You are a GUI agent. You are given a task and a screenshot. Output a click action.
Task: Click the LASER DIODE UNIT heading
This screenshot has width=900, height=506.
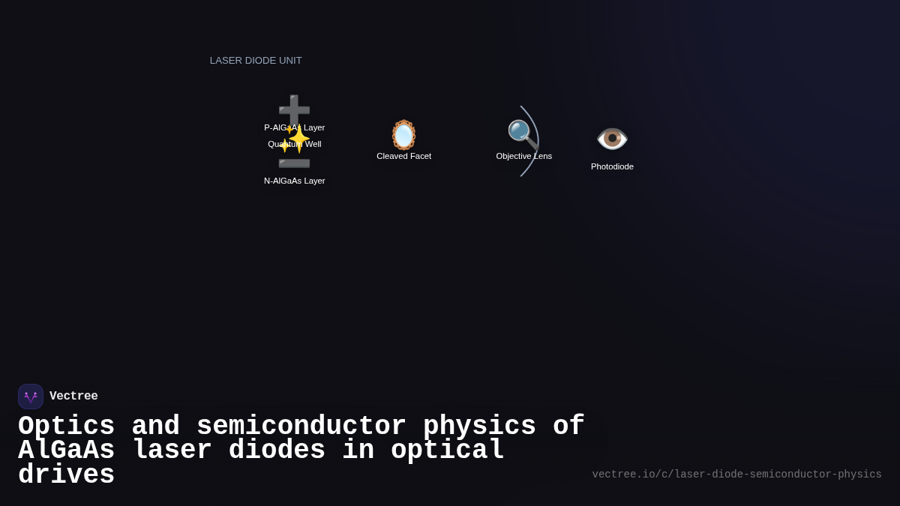pos(256,61)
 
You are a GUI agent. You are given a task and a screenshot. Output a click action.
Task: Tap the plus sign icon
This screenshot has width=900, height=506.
pos(294,108)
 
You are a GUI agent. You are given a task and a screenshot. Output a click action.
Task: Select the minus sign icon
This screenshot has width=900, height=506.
pos(294,163)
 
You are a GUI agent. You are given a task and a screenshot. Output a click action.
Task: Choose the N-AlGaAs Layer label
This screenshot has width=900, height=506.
pos(294,181)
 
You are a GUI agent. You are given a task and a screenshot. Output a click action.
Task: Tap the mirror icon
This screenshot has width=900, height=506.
pos(403,135)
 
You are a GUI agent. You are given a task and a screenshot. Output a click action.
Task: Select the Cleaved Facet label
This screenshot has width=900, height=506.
pos(403,156)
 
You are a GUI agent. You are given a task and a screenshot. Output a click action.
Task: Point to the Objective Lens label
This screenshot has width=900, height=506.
pos(523,156)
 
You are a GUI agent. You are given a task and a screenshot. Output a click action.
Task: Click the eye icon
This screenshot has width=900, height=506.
pos(612,139)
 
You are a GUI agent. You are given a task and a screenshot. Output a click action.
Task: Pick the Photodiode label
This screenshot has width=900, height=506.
pos(612,166)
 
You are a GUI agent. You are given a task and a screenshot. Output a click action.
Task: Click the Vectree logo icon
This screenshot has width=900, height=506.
pos(31,397)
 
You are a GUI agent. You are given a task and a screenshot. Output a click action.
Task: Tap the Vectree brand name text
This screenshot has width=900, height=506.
pos(73,397)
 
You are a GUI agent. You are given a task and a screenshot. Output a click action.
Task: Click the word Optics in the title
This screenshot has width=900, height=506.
pos(66,427)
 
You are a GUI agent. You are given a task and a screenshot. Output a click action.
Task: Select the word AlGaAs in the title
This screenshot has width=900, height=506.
pos(66,451)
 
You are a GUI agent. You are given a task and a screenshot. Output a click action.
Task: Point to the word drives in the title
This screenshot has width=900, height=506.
pos(66,475)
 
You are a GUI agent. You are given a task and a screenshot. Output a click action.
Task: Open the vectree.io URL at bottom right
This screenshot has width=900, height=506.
pos(736,475)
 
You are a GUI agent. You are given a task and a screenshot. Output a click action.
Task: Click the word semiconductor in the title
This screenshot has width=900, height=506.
pos(301,427)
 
